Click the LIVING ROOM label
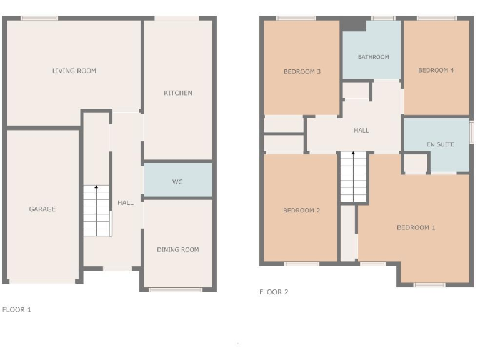pos(74,71)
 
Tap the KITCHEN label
pos(178,93)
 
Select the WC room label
pos(177,182)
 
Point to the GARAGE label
pos(42,209)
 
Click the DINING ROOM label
pos(178,250)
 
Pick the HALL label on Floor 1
pos(126,203)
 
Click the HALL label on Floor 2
pos(361,131)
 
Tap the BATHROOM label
pos(373,57)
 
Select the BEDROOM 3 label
pos(302,72)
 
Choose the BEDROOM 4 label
pos(436,71)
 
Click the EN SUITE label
pos(441,145)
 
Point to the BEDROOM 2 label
pos(302,211)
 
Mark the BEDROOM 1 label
pos(416,227)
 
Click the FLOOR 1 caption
pos(17,309)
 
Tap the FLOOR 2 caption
pos(274,292)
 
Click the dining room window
pos(176,289)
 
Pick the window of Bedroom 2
pos(302,264)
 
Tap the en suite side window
pos(472,132)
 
